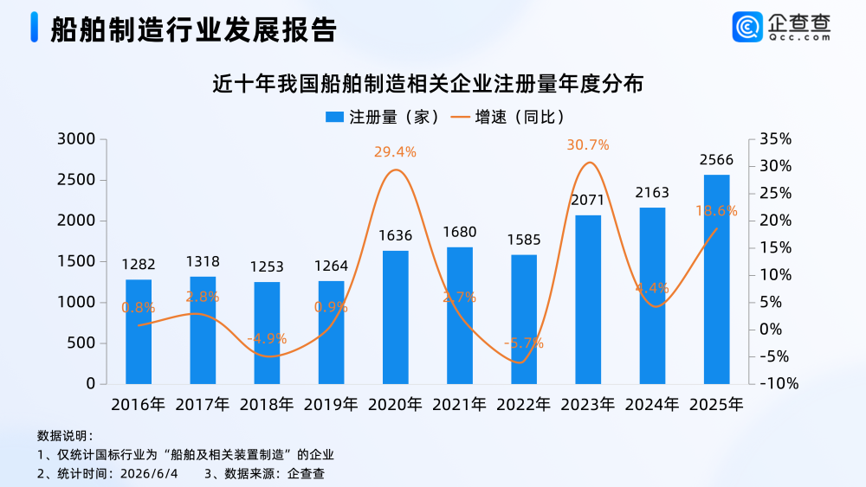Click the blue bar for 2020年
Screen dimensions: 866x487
tap(396, 317)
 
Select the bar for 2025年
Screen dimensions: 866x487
tap(716, 279)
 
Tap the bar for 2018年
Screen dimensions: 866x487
tap(267, 333)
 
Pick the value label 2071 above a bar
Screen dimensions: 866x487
tap(588, 200)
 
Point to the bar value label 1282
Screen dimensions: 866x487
tap(139, 264)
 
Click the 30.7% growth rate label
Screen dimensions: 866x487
tap(588, 145)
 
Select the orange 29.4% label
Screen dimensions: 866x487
tap(395, 151)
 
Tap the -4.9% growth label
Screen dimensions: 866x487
tap(267, 338)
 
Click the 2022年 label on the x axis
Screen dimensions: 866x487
tap(524, 405)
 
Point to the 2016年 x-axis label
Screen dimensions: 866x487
tap(138, 405)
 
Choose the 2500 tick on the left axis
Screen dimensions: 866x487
tap(76, 180)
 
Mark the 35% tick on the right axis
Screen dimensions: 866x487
tap(775, 139)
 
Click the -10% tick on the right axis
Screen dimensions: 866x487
tap(779, 383)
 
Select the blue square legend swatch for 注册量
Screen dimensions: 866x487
tap(334, 117)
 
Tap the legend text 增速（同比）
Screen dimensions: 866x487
tap(520, 117)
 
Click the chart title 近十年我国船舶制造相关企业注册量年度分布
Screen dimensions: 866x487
tap(428, 85)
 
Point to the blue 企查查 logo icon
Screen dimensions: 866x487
tap(747, 27)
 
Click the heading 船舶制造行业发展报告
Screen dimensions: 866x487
tap(193, 29)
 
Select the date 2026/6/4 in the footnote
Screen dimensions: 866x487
tap(149, 474)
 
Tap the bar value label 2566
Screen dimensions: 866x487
tap(716, 160)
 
